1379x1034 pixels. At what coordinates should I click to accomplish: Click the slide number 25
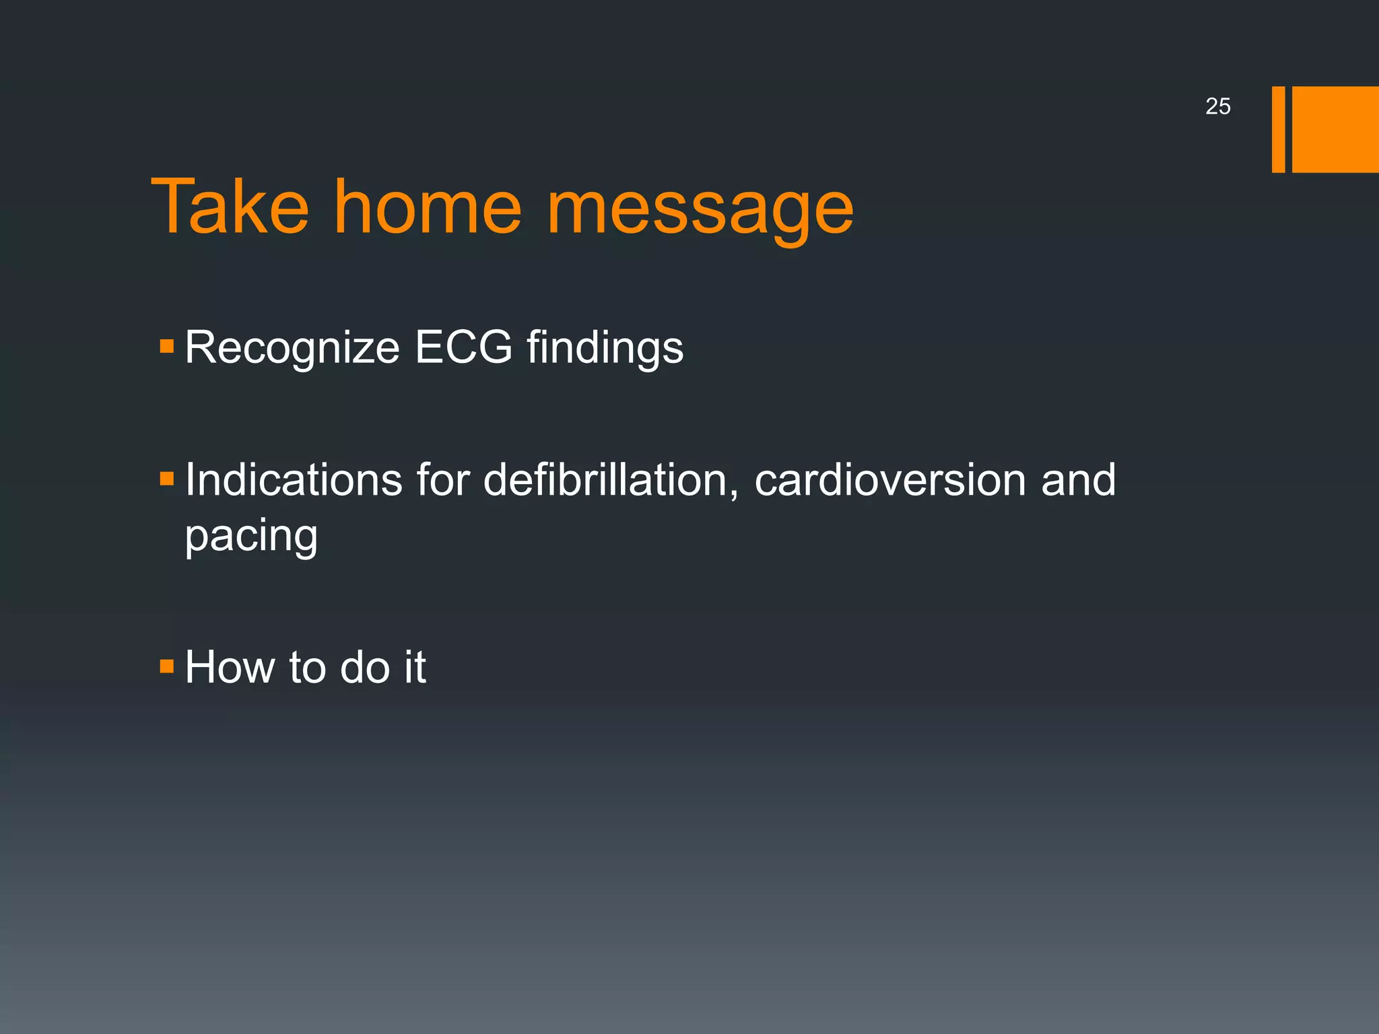pos(1217,106)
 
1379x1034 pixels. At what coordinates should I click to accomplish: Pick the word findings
pos(605,349)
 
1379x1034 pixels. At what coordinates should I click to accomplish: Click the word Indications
pos(294,480)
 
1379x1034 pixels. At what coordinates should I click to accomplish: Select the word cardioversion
pos(890,480)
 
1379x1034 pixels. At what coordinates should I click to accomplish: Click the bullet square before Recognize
pos(167,347)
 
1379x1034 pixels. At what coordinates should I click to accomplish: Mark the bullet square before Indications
pos(167,479)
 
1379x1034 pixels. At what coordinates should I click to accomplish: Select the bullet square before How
pos(167,666)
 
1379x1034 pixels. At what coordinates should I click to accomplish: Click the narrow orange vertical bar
pos(1278,129)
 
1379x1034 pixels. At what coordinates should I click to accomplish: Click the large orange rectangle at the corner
pos(1335,129)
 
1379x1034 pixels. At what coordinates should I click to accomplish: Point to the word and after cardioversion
pos(1078,480)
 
